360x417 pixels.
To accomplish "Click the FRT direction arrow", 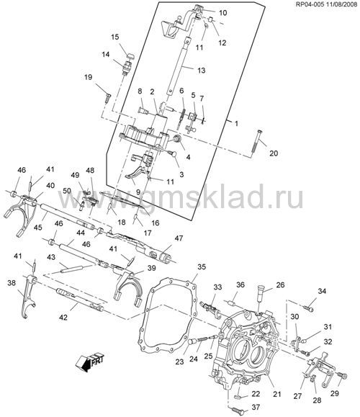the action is (x=89, y=362).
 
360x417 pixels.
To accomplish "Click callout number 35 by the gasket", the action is (x=202, y=266).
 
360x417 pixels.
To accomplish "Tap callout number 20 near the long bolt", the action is (x=274, y=153).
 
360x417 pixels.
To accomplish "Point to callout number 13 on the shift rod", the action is (x=202, y=70).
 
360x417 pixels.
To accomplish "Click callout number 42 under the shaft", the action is (x=63, y=317).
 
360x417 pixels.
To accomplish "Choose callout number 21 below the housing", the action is (x=277, y=394).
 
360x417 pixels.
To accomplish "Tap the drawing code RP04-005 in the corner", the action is (x=309, y=4).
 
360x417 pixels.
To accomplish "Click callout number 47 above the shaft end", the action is (x=179, y=238).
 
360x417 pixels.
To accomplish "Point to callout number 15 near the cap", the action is (x=115, y=37).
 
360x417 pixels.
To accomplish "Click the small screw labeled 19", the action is (x=108, y=97).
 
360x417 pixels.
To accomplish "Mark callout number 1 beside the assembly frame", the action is (x=236, y=124).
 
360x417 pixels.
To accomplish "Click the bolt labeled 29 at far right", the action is (x=343, y=376).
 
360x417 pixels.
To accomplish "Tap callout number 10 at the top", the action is (x=222, y=12).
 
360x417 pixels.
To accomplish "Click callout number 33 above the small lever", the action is (x=217, y=287).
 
